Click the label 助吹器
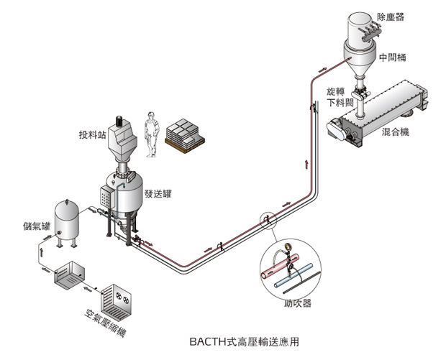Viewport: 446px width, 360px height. click(x=298, y=304)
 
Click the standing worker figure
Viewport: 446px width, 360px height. click(x=151, y=134)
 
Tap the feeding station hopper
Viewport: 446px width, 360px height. click(x=123, y=140)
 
